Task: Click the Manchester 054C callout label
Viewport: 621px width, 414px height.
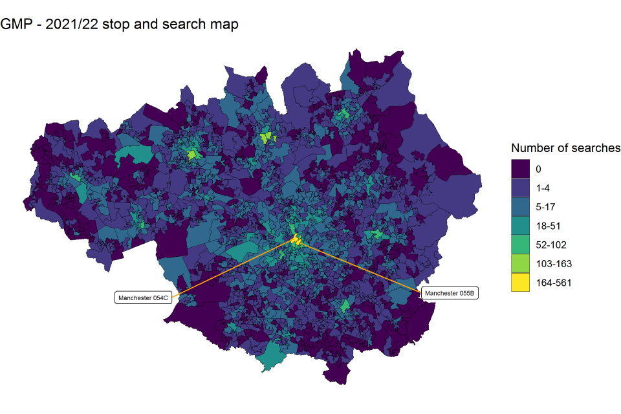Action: tap(143, 298)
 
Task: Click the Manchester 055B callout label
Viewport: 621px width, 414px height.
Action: tap(450, 293)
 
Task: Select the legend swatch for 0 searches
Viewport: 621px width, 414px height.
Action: tap(520, 169)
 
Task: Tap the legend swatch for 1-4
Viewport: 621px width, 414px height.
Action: tap(520, 188)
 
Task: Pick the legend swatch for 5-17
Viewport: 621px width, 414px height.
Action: tap(520, 207)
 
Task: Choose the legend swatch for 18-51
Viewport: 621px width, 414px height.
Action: tap(520, 226)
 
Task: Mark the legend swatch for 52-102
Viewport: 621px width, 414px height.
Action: tap(520, 245)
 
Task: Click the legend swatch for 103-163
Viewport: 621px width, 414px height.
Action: tap(520, 264)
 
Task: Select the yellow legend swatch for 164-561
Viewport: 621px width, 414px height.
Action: tap(520, 283)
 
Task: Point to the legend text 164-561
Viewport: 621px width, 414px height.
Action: tap(553, 283)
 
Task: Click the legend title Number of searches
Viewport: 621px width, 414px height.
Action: tap(565, 148)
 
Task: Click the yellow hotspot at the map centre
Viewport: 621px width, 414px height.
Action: tap(296, 241)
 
